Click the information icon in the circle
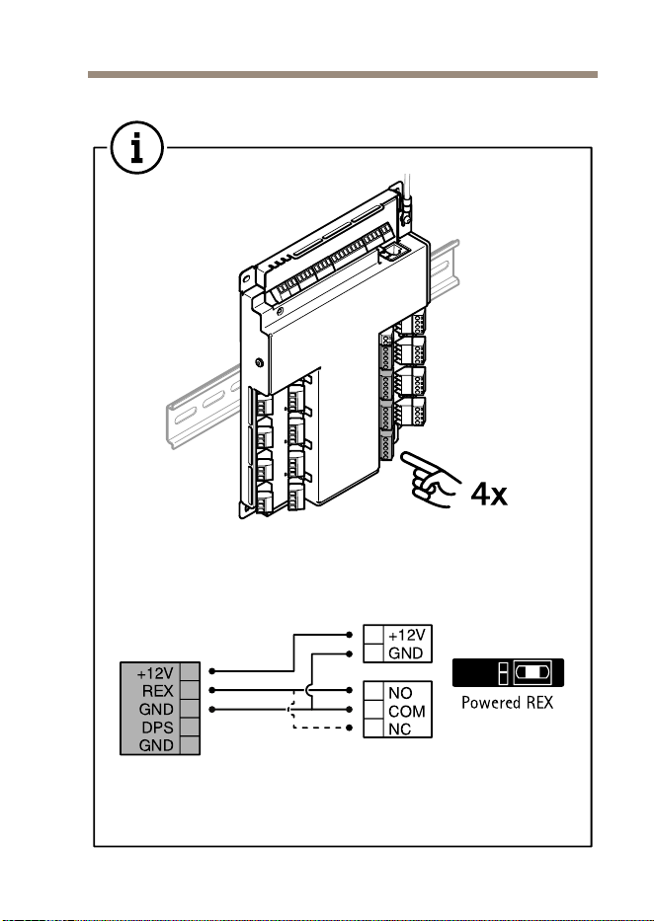tap(137, 147)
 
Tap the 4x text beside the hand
tap(489, 494)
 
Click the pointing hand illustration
tap(430, 480)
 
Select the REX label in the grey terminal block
tap(158, 691)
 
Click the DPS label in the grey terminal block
tap(157, 728)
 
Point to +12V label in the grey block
tap(155, 672)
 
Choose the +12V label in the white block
tap(407, 635)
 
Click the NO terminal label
tap(400, 693)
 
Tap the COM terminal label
tap(407, 712)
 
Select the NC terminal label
tap(399, 729)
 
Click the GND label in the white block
tap(405, 652)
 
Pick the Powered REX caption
tap(507, 703)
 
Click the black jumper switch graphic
tap(508, 672)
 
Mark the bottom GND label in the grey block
tap(156, 745)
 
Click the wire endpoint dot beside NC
tap(350, 729)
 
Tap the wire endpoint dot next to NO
tap(350, 690)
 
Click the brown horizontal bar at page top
tap(343, 75)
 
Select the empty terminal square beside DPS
tap(190, 728)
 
